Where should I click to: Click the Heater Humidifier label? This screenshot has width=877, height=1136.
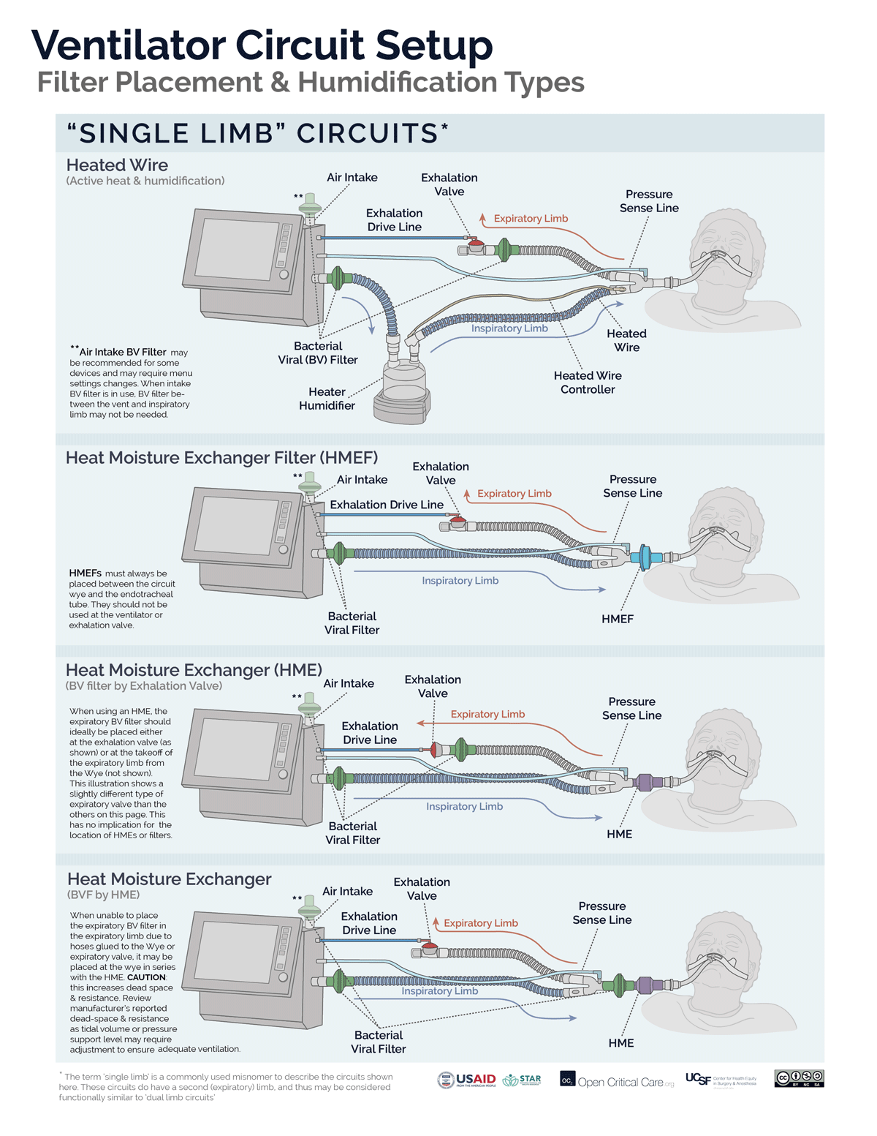pos(327,399)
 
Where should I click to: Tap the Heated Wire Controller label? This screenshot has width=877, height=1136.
pos(588,383)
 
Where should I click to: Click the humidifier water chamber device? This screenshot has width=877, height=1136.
pos(401,384)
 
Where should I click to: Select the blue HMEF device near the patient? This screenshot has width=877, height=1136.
pos(644,557)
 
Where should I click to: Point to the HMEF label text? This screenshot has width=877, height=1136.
pos(618,619)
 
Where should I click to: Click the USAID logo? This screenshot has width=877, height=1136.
pos(468,1080)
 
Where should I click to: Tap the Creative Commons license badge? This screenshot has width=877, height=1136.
pos(799,1078)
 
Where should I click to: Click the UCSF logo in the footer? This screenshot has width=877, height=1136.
pos(699,1079)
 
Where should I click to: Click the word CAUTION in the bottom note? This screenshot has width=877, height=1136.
pos(146,977)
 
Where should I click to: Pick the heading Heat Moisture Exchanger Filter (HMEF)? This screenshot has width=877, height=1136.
pos(222,458)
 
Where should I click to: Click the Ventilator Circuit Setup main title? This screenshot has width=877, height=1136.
pos(262,45)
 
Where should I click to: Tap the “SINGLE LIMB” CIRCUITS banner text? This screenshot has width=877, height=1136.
pos(257,133)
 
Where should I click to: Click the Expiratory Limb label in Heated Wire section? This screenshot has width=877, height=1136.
pos(531,219)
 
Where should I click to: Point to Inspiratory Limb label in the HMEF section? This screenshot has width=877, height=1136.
pos(460,581)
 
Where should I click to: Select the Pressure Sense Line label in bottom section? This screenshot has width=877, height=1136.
pos(601,913)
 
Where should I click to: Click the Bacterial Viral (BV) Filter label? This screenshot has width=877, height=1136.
pos(318,353)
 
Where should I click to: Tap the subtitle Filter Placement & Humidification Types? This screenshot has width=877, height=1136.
pos(311,83)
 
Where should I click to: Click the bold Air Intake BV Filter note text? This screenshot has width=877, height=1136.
pos(122,352)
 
